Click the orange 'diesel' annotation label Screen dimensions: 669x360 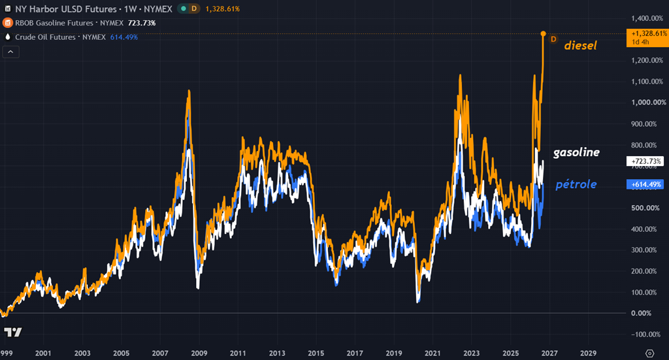pyautogui.click(x=580, y=45)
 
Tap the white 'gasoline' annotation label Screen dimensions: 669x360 pyautogui.click(x=576, y=152)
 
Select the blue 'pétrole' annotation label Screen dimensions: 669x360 pyautogui.click(x=576, y=184)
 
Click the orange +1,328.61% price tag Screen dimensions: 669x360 pyautogui.click(x=647, y=37)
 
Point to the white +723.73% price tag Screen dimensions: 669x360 pyautogui.click(x=645, y=161)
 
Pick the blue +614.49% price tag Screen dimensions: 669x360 pyautogui.click(x=645, y=184)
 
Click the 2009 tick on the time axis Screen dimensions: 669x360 pyautogui.click(x=199, y=353)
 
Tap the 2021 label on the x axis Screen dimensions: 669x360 pyautogui.click(x=432, y=353)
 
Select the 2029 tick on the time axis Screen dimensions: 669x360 pyautogui.click(x=589, y=353)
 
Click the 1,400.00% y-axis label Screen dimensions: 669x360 pyautogui.click(x=647, y=18)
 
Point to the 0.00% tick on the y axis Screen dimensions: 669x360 pyautogui.click(x=642, y=313)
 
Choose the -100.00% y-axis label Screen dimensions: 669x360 pyautogui.click(x=646, y=335)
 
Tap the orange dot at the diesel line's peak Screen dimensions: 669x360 pyautogui.click(x=543, y=34)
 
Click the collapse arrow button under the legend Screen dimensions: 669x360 pyautogui.click(x=10, y=52)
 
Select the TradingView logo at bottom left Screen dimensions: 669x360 pyautogui.click(x=13, y=333)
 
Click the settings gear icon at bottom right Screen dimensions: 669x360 pyautogui.click(x=650, y=353)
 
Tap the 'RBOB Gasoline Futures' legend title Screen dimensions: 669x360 pyautogui.click(x=54, y=23)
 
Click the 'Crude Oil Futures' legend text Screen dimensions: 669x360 pyautogui.click(x=45, y=37)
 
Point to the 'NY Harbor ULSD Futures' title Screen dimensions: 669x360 pyautogui.click(x=66, y=9)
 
